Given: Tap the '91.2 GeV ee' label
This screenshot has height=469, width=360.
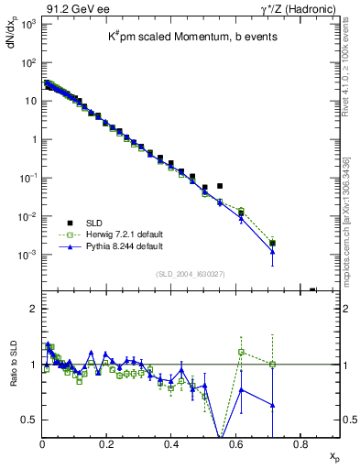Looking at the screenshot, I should pos(68,7).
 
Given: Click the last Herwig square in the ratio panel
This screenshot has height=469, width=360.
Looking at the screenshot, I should pos(272,365).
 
